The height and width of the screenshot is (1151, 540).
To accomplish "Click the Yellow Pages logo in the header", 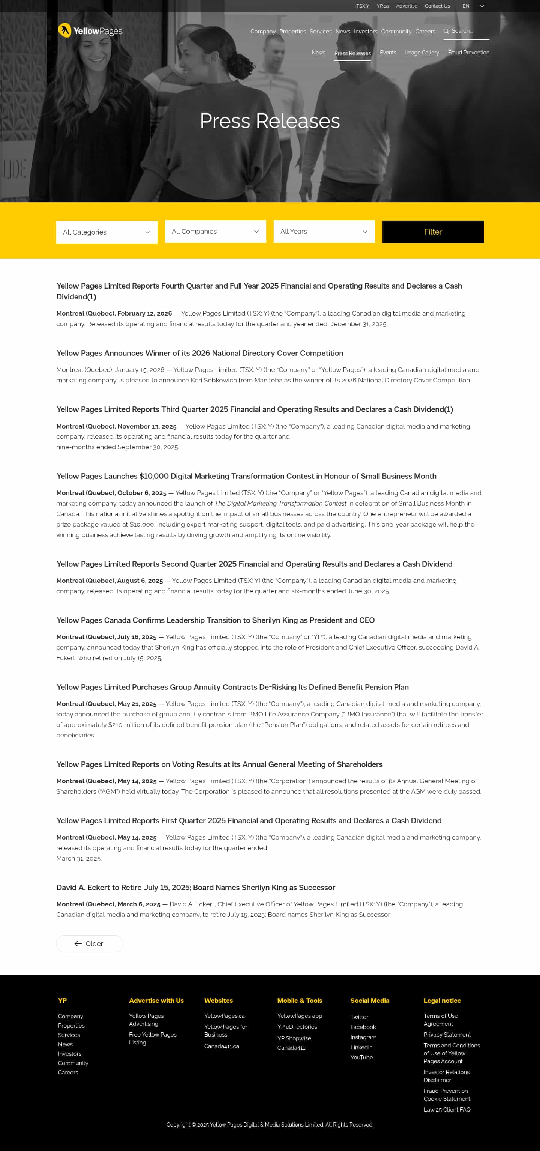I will click(90, 30).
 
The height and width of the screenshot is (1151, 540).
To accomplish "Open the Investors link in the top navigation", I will click(365, 31).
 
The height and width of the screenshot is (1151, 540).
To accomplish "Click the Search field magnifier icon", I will click(446, 31).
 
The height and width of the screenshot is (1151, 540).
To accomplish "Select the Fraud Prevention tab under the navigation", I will click(468, 53).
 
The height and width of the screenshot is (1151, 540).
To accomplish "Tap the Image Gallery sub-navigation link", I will click(421, 53).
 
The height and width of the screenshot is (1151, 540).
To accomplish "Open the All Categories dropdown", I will click(107, 232).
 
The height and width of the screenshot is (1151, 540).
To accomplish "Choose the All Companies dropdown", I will click(215, 232).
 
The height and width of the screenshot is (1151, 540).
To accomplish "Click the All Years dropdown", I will click(324, 232).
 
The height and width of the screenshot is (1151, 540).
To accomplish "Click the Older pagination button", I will click(89, 943).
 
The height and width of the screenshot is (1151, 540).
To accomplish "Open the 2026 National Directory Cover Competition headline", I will click(199, 353).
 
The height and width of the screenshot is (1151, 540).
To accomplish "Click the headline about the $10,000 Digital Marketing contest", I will click(246, 476).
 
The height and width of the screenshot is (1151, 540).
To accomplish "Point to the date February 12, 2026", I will click(144, 314).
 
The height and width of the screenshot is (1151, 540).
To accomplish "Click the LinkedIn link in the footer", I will click(361, 1047).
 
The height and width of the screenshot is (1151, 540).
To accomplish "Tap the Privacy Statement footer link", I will click(447, 1034).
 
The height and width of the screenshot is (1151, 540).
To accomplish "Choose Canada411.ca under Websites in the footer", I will click(222, 1046).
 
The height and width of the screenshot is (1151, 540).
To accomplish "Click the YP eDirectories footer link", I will click(297, 1027).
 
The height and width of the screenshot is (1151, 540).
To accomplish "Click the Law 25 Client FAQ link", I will click(447, 1109).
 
